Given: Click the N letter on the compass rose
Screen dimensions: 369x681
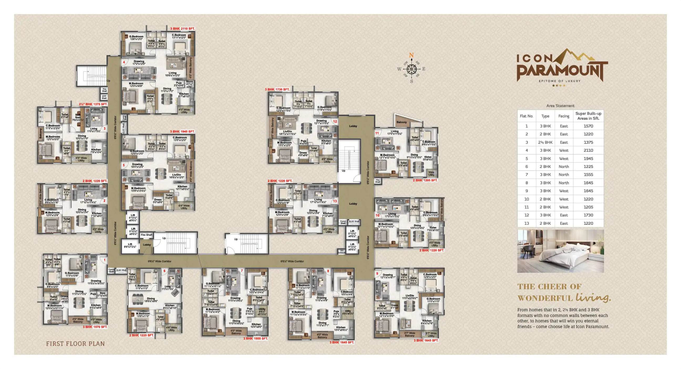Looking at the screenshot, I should point(411,55).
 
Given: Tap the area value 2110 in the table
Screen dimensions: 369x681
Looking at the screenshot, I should point(588,150).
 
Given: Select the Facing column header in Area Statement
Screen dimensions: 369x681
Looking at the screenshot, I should point(564,116).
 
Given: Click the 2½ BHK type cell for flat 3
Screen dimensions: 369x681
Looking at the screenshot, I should point(545,142).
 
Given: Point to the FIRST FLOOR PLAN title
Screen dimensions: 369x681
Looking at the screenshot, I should point(75,344).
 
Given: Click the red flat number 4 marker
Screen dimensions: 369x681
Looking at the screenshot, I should point(124,63).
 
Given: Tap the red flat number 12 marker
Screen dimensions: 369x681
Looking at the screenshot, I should point(335,121).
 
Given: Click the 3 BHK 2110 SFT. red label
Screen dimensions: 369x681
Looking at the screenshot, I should point(182,29).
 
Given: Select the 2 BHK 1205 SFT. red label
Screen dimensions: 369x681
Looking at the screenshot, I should point(425,180).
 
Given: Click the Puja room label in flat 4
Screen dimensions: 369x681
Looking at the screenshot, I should point(179,83).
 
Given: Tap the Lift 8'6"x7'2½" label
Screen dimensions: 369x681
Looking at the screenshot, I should point(130,245).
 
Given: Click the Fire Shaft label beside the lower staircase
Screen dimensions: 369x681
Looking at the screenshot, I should point(146,235).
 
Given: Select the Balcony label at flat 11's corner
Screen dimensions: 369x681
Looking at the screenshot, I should point(401,122).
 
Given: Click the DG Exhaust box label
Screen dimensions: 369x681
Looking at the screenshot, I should point(341,252).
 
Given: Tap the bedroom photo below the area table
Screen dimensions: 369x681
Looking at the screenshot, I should point(560,251).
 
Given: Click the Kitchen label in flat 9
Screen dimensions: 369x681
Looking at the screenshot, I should point(427,321).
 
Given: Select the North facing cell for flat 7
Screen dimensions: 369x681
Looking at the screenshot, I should point(564,175).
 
